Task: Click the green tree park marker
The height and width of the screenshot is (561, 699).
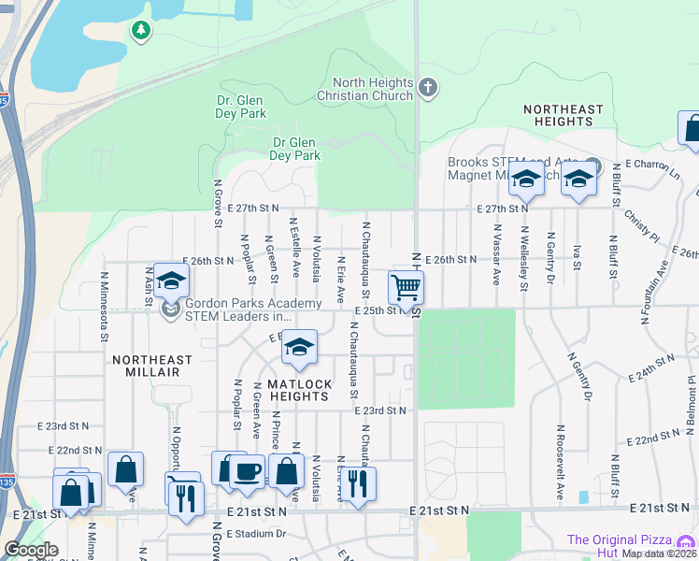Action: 141,31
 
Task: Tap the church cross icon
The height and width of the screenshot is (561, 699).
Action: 429,89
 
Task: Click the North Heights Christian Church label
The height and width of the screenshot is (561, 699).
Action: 364,89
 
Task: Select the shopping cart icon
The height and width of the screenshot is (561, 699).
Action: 407,287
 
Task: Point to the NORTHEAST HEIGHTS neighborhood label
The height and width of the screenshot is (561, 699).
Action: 563,115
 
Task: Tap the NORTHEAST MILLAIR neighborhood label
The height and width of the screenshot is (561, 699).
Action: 152,366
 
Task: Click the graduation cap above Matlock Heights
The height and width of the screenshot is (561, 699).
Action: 299,348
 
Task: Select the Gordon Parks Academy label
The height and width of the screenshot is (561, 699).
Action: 239,309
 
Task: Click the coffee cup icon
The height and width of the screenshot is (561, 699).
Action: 248,470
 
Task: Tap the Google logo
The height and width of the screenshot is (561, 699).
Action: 30,550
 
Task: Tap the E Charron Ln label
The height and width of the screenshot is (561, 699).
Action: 654,166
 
